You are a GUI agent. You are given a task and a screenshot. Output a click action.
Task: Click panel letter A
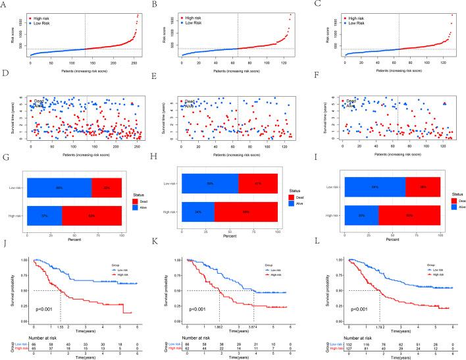point(5,6)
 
